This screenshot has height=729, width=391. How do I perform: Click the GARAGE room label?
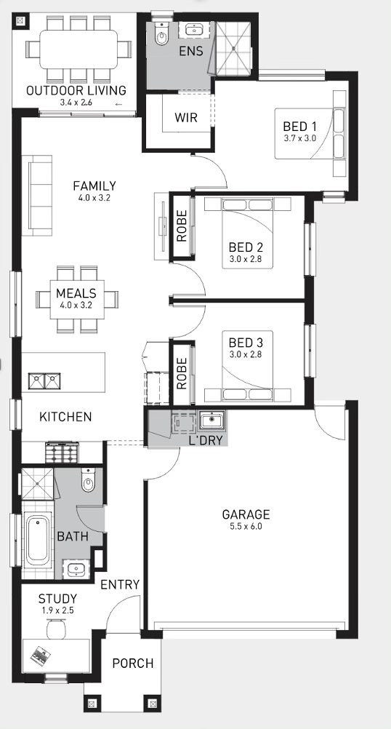click(246, 514)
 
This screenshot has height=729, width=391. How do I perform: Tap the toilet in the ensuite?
click(161, 34)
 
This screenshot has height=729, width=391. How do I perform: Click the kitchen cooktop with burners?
click(60, 452)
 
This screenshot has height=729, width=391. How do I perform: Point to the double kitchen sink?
click(45, 381)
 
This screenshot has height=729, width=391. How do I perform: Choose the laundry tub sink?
click(211, 421)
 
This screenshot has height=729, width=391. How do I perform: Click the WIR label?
click(186, 118)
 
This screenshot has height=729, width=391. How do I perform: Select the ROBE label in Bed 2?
click(182, 226)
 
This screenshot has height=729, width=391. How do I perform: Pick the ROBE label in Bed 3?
click(182, 373)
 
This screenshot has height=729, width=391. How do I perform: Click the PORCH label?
click(133, 663)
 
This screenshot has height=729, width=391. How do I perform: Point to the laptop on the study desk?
click(41, 655)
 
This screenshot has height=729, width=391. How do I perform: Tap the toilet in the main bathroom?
click(88, 480)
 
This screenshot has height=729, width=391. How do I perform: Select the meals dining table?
click(77, 299)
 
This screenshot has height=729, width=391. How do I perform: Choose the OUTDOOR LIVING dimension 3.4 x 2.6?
click(76, 103)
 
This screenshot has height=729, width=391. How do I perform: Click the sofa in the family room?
click(41, 196)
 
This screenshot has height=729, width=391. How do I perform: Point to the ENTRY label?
click(120, 584)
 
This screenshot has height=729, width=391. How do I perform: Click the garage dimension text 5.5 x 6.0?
click(246, 527)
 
